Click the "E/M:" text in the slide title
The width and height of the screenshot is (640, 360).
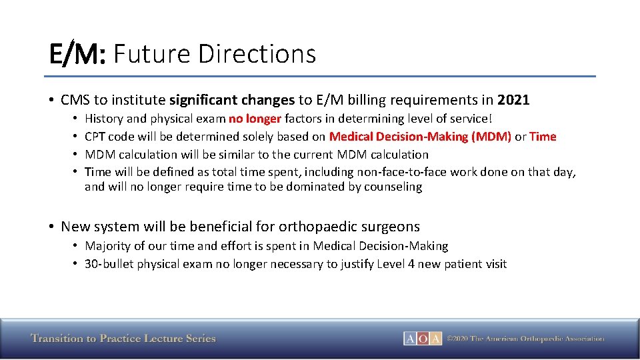[x=77, y=53]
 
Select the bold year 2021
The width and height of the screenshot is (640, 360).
[x=513, y=100]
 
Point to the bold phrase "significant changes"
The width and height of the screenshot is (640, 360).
[x=231, y=100]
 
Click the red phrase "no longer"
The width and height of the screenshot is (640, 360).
[x=255, y=119]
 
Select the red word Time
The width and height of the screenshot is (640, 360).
[x=543, y=137]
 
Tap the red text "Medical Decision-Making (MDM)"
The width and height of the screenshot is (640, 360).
[x=420, y=137]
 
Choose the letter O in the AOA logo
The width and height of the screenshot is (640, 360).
[x=423, y=339]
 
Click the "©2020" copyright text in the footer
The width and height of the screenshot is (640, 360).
[x=458, y=339]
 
